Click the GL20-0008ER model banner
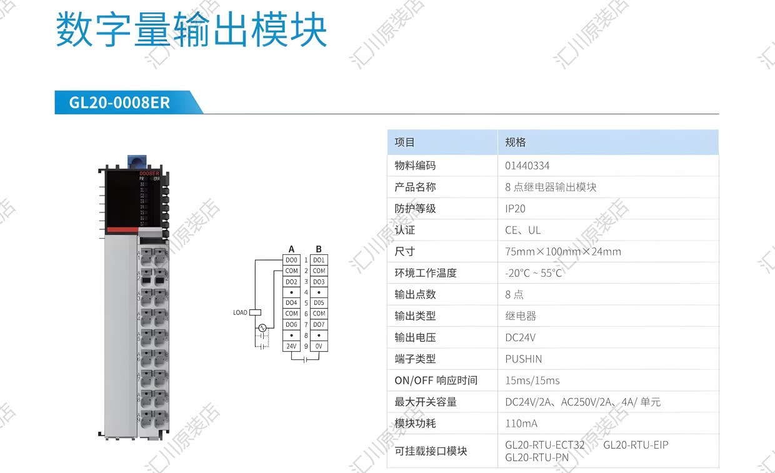click(119, 102)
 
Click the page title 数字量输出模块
click(191, 31)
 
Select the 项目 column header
click(404, 142)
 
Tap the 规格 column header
click(516, 142)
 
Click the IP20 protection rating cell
click(516, 209)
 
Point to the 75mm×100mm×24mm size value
click(563, 252)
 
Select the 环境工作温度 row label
click(426, 273)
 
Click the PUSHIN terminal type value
click(524, 359)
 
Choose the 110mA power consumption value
click(521, 424)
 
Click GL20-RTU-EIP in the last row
click(636, 445)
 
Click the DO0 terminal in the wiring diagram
click(291, 260)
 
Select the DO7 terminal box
click(319, 325)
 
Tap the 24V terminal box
click(291, 346)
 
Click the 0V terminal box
click(319, 346)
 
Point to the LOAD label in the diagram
click(240, 312)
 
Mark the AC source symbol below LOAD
click(262, 327)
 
